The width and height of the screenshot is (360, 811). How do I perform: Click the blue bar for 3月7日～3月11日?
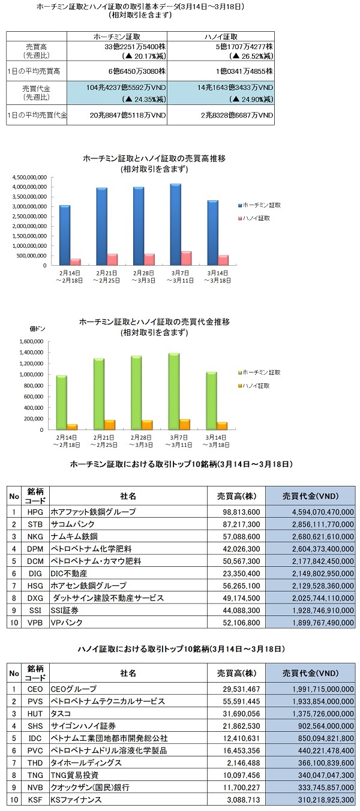pos(176,224)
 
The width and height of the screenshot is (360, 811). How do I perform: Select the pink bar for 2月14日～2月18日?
pos(76,262)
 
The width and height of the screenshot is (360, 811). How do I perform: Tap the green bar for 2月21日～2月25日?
pos(99,394)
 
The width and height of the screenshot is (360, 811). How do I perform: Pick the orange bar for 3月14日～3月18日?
pos(222,426)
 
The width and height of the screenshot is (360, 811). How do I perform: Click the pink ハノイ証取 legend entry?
pos(254,218)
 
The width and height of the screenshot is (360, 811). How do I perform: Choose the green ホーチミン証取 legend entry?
pos(259,372)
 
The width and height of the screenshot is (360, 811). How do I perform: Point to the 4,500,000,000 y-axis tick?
pos(29,178)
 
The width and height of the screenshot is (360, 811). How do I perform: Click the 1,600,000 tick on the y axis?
pos(32,341)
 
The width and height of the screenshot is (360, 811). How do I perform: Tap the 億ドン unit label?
pos(37,329)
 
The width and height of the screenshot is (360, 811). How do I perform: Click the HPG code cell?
pos(35,512)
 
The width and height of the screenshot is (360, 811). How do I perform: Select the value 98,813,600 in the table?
pos(241,512)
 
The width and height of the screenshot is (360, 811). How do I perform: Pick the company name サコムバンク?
pos(73,524)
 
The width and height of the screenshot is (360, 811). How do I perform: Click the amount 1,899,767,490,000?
pos(323,623)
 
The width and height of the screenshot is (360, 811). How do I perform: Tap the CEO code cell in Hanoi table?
pos(35,689)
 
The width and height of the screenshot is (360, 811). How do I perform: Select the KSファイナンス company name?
pos(76,800)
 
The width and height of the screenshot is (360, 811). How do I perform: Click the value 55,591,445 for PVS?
pos(241,701)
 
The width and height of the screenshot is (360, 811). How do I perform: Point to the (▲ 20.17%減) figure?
pos(144,56)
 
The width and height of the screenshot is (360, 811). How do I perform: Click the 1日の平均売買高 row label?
pos(34,71)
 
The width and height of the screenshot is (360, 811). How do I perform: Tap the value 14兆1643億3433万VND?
pos(235,88)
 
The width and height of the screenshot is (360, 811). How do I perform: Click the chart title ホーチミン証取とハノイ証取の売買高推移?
pos(154,158)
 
